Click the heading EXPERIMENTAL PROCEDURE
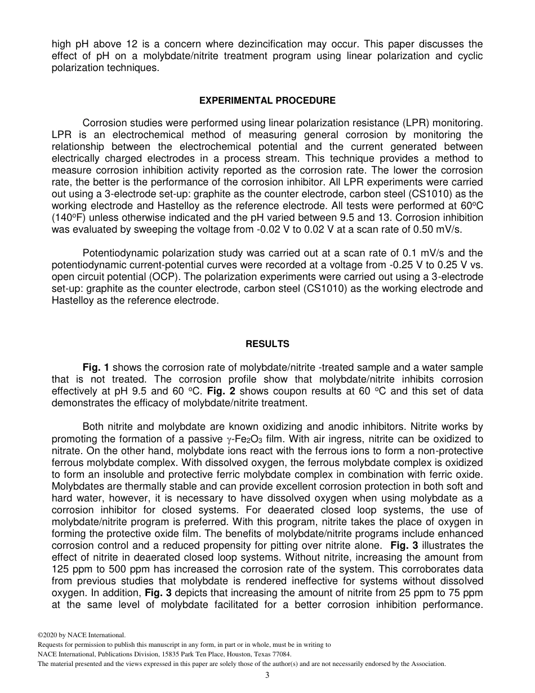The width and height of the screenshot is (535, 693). click(267, 100)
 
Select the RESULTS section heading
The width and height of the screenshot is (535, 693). click(267, 344)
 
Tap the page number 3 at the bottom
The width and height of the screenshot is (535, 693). click(267, 676)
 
